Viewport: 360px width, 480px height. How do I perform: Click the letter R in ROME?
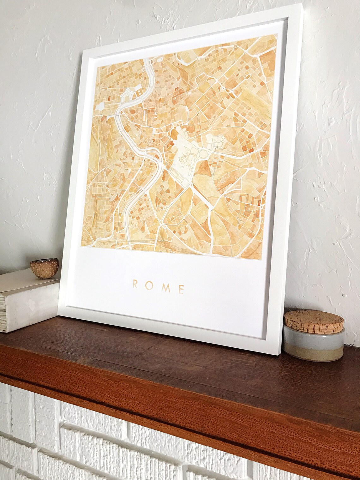coord(135,284)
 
